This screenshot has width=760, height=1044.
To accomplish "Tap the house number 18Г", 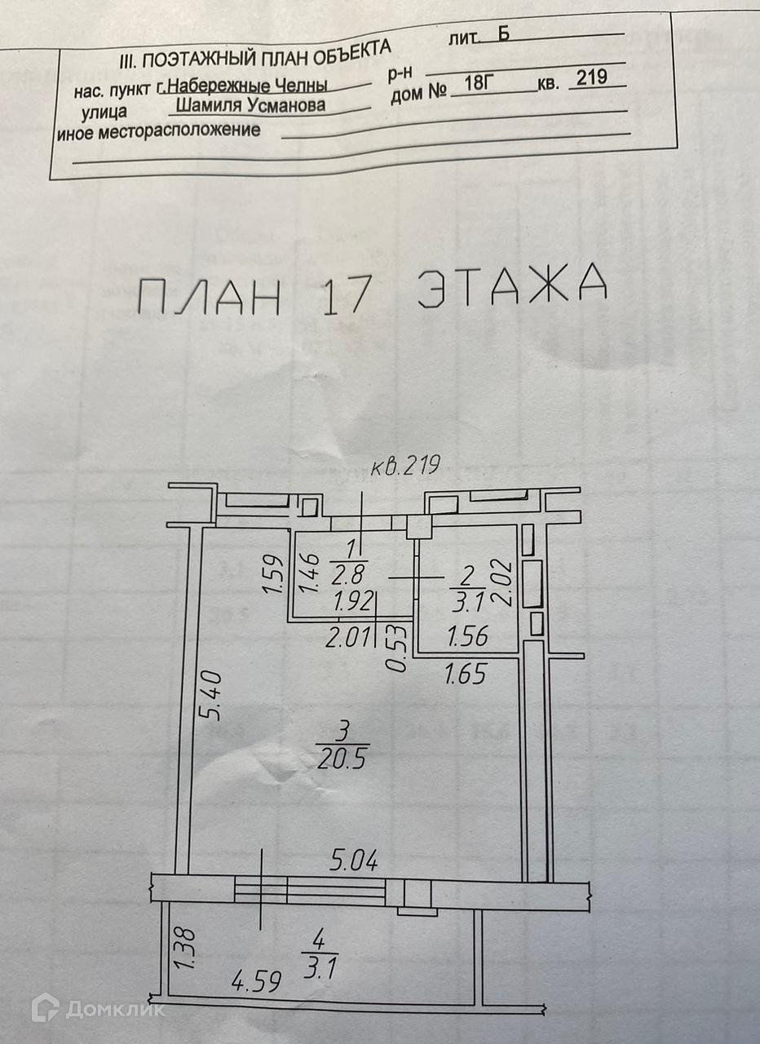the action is pyautogui.click(x=477, y=84).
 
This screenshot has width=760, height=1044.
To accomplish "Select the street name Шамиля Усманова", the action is pyautogui.click(x=250, y=104).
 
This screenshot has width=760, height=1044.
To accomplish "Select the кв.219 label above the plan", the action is pyautogui.click(x=405, y=467).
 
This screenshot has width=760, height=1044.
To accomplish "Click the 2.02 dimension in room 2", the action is pyautogui.click(x=503, y=582).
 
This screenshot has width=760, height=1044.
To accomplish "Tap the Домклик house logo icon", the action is pyautogui.click(x=46, y=1008).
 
